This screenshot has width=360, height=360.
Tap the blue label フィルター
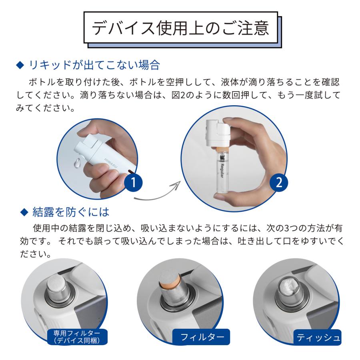202,337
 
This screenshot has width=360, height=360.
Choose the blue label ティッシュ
318,337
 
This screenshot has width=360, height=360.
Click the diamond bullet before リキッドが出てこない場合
23,64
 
